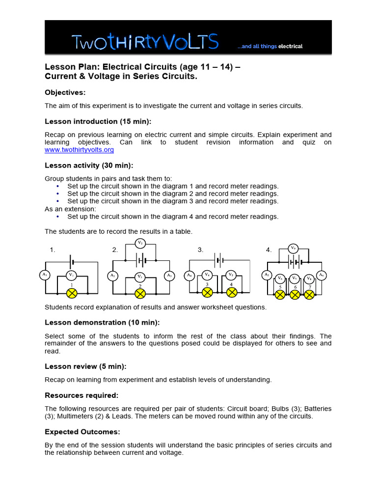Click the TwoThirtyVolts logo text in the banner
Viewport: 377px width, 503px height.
point(145,43)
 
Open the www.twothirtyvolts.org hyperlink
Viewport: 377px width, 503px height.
point(79,149)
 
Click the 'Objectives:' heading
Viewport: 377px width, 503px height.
point(65,92)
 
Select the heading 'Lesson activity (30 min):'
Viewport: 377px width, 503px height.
point(89,166)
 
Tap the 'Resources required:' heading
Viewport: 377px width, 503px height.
point(81,395)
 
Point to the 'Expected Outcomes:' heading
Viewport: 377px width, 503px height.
point(82,432)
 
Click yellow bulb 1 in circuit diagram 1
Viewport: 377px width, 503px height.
point(72,293)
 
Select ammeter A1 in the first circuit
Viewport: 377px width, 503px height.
point(45,275)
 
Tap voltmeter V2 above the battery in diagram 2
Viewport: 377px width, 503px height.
point(140,243)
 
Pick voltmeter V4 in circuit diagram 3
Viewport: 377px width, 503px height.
point(207,275)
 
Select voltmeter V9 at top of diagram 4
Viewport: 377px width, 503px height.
point(293,248)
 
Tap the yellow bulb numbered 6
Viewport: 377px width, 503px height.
point(295,294)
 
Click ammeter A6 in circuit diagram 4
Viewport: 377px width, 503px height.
point(322,275)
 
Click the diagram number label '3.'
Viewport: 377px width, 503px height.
point(200,250)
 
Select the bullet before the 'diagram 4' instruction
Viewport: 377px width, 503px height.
point(58,217)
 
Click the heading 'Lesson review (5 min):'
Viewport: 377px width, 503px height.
point(85,366)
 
